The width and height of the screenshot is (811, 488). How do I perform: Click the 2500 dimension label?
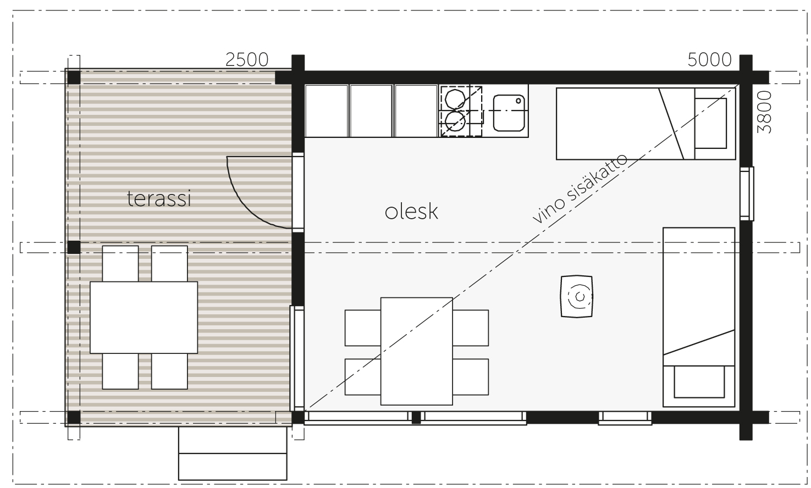[x=247, y=60]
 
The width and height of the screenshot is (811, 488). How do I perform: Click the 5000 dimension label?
[x=710, y=60]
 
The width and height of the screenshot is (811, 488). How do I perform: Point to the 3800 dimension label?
[x=765, y=112]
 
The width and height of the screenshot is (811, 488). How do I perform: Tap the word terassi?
[x=159, y=198]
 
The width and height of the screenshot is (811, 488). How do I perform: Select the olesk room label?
[x=412, y=212]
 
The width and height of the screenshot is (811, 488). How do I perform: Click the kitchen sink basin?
[x=509, y=113]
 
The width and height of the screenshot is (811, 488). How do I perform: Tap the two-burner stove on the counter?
[x=461, y=111]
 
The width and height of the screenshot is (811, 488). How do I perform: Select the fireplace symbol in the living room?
[x=577, y=297]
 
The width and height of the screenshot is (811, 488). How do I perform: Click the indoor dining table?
[x=416, y=351]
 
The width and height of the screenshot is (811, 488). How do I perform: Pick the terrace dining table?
[x=144, y=317]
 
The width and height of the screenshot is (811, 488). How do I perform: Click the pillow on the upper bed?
[x=711, y=123]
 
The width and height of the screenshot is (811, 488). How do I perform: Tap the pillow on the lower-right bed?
[x=699, y=381]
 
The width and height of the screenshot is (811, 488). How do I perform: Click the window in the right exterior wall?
[x=747, y=193]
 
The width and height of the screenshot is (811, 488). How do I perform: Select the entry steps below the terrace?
[x=233, y=453]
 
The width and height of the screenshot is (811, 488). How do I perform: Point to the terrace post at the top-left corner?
[x=74, y=77]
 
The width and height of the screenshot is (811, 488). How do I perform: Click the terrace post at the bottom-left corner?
[x=74, y=417]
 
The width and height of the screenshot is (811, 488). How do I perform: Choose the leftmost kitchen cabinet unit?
[x=326, y=111]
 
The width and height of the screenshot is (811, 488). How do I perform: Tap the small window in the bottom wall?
[x=625, y=418]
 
